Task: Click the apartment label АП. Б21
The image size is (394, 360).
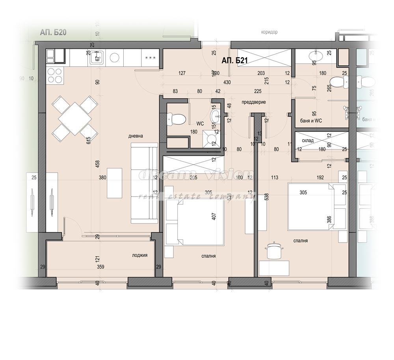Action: (x=234, y=61)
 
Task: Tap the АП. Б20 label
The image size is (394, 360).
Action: (x=53, y=33)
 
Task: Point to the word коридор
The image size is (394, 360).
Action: (x=269, y=32)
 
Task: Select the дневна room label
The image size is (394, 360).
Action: (x=135, y=136)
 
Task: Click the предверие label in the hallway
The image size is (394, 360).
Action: (x=254, y=102)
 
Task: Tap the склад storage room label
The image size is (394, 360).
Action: (x=307, y=140)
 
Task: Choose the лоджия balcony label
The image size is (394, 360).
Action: (x=139, y=255)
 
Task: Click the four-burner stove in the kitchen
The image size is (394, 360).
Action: (x=54, y=75)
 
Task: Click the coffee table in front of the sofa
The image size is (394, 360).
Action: (x=115, y=183)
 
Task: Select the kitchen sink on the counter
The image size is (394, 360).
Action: (x=96, y=58)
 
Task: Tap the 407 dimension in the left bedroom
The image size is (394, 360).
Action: (x=214, y=217)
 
